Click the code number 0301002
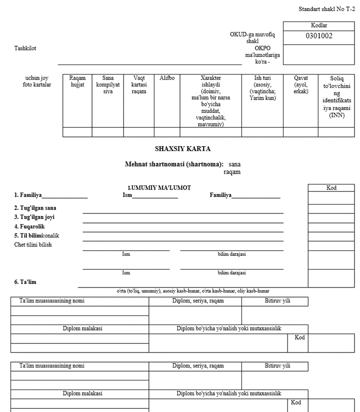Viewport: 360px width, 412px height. [319, 36]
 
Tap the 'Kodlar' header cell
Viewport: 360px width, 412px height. [319, 25]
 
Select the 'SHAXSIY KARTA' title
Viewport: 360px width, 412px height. [182, 149]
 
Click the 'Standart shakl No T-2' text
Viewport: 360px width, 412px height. [326, 9]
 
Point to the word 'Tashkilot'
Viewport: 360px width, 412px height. [25, 48]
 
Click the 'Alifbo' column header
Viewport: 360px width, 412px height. [167, 78]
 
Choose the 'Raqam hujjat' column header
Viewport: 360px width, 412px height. [77, 81]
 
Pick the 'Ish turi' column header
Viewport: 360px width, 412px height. [262, 88]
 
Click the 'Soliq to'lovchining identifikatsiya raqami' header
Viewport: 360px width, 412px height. [336, 97]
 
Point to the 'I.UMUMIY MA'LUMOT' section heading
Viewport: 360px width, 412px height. [159, 187]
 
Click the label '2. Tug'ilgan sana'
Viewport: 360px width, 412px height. [35, 207]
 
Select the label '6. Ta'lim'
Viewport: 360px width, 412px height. [25, 282]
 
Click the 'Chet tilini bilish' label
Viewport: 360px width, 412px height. [33, 244]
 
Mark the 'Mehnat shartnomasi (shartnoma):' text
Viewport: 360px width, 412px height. [174, 164]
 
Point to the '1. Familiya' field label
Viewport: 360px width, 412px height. [27, 195]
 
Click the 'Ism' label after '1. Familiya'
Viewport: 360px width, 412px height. [127, 195]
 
